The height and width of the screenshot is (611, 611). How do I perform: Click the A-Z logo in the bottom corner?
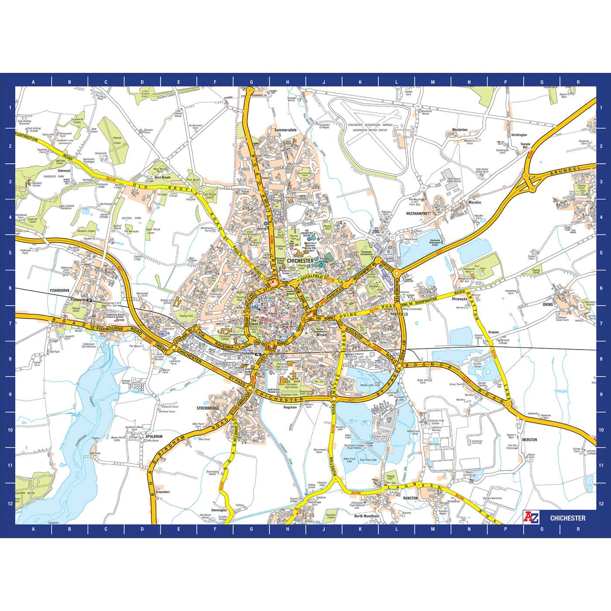click(x=531, y=518)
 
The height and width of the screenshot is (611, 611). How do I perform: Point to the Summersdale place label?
click(x=285, y=130)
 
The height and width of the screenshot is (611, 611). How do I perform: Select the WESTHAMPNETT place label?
click(x=418, y=214)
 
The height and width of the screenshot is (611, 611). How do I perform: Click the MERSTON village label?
click(x=529, y=439)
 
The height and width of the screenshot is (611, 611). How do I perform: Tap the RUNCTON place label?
click(x=411, y=498)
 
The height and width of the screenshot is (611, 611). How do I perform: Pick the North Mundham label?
click(x=367, y=516)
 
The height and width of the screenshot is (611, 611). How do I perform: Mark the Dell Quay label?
click(x=96, y=453)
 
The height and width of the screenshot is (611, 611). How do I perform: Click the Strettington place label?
click(x=519, y=135)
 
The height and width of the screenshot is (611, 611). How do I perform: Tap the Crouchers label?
click(x=162, y=492)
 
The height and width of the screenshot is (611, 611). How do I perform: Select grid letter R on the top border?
click(x=578, y=82)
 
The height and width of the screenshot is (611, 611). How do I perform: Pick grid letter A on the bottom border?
click(x=33, y=529)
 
